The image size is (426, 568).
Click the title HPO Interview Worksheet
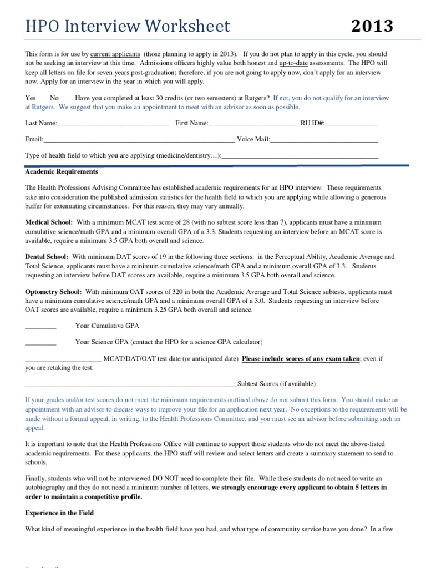(x=128, y=26)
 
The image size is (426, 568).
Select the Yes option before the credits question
(x=31, y=98)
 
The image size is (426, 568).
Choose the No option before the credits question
(x=54, y=98)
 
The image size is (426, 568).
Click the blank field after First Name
(x=252, y=123)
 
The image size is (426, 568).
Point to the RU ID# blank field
(x=351, y=123)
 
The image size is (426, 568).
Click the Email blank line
(x=139, y=140)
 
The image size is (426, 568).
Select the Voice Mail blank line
(x=324, y=140)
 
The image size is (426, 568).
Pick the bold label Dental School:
(x=47, y=257)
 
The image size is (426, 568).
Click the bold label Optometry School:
(x=53, y=291)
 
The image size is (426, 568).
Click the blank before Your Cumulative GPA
(x=40, y=326)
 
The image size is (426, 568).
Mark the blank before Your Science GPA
(x=40, y=342)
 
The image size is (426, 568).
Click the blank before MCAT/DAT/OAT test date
(x=63, y=359)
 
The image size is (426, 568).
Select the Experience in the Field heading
(x=59, y=513)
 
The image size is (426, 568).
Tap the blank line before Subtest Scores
(x=131, y=384)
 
